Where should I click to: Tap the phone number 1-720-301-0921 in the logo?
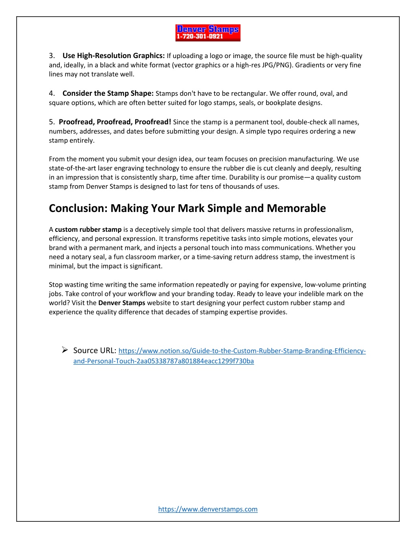[x=200, y=37]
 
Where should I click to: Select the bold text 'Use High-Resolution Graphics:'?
[x=113, y=56]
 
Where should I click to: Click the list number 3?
[x=52, y=56]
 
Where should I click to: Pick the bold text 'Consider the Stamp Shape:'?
[x=108, y=93]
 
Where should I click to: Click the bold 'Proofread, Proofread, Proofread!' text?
[x=115, y=122]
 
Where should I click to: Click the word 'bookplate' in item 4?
[x=280, y=103]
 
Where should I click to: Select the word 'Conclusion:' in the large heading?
[x=78, y=208]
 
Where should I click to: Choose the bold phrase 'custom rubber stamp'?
[x=88, y=229]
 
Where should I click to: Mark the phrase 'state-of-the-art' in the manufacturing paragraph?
[x=72, y=168]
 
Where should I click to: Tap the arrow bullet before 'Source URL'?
[x=65, y=350]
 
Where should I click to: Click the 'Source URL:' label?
[x=95, y=350]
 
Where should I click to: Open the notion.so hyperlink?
[x=242, y=351]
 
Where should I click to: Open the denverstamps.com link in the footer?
[x=208, y=509]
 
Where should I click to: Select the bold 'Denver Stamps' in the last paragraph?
[x=121, y=303]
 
